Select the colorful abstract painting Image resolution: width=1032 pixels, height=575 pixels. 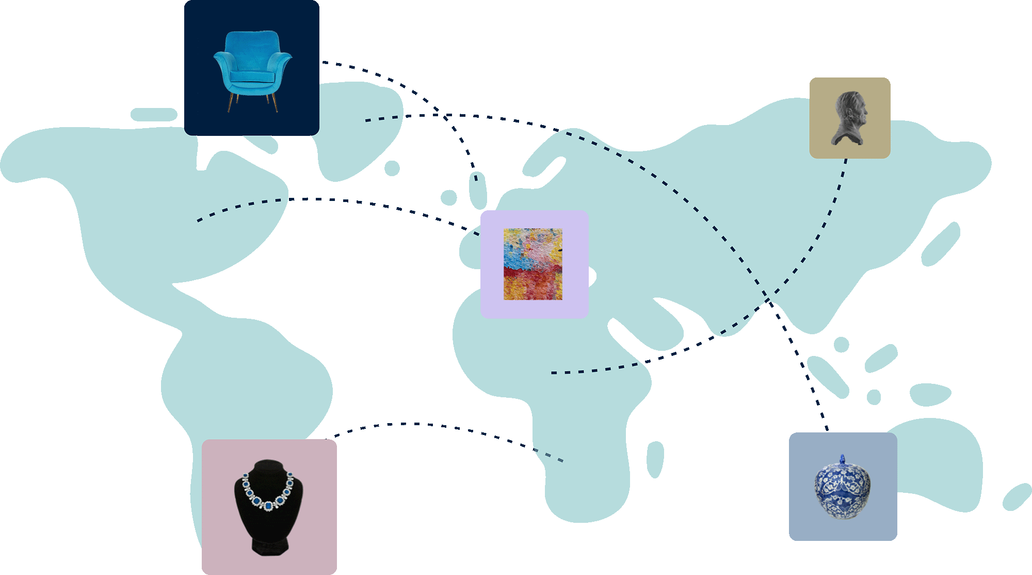[x=533, y=264]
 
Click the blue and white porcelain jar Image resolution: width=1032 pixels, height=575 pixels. [x=843, y=488]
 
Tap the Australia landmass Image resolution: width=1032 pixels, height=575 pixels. [x=934, y=465]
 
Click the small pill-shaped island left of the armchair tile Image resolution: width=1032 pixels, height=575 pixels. [x=153, y=115]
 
